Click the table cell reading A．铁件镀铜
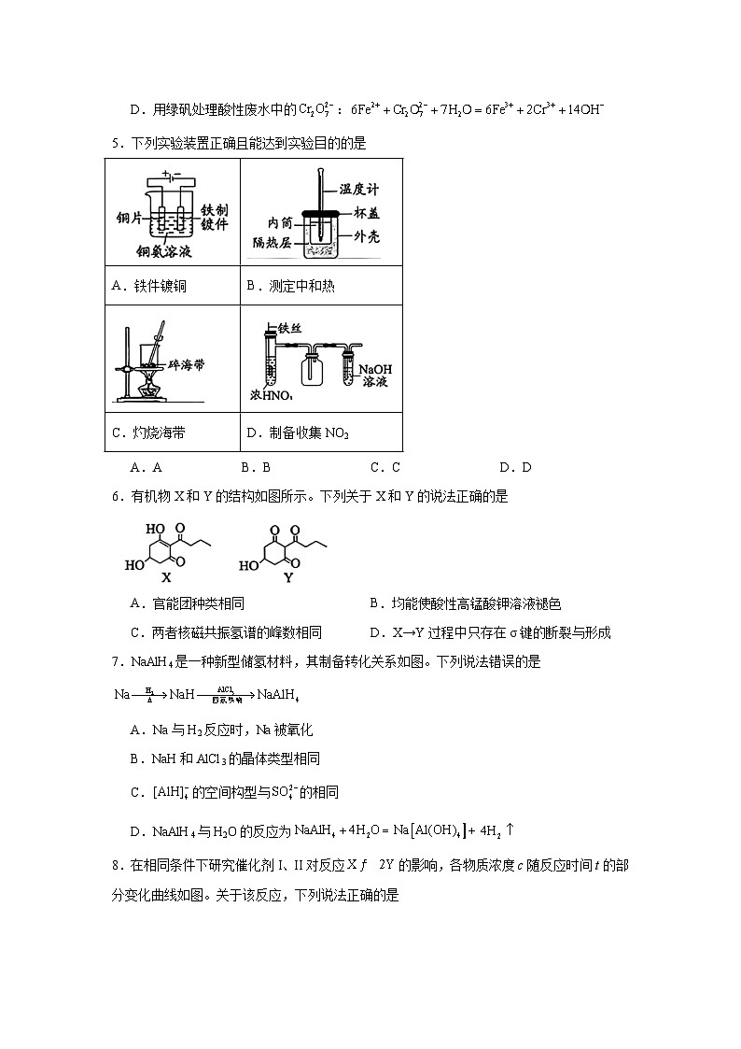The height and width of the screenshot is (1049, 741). (x=149, y=286)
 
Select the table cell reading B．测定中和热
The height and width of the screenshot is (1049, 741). (x=290, y=286)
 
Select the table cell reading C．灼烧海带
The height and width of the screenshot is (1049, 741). (x=148, y=432)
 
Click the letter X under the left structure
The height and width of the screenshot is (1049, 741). (x=166, y=577)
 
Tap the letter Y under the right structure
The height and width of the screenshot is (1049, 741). (x=288, y=577)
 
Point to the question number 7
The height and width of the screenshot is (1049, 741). (x=116, y=662)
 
